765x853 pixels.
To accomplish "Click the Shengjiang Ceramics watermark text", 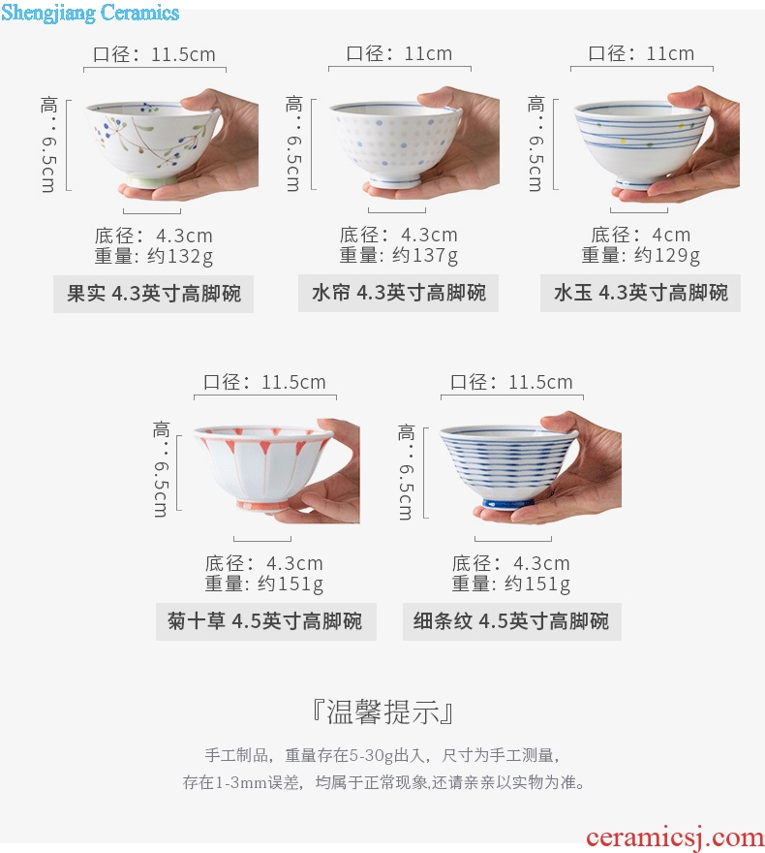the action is pyautogui.click(x=90, y=13).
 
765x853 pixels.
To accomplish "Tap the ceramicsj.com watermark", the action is pyautogui.click(x=675, y=837).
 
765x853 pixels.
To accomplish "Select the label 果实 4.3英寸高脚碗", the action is pyautogui.click(x=154, y=294).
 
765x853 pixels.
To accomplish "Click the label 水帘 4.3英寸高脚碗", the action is pyautogui.click(x=398, y=293).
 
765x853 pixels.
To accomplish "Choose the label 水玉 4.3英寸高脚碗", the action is pyautogui.click(x=641, y=293).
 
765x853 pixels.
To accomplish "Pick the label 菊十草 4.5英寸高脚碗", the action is pyautogui.click(x=264, y=620).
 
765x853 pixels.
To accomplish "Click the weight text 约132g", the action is pyautogui.click(x=180, y=256).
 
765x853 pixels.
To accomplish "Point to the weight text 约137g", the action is pyautogui.click(x=425, y=255).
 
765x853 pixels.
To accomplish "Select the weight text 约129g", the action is pyautogui.click(x=667, y=255).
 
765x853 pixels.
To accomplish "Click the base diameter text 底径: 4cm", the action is pyautogui.click(x=641, y=235).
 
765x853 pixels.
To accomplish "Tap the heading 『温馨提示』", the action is pyautogui.click(x=383, y=711).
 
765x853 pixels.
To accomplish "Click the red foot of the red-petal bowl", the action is pyautogui.click(x=261, y=506).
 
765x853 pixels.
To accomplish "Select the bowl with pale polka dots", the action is pyautogui.click(x=395, y=143).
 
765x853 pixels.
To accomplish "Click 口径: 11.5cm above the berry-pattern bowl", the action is pyautogui.click(x=154, y=54).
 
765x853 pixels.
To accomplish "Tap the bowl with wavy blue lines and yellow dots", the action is pyautogui.click(x=641, y=144).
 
